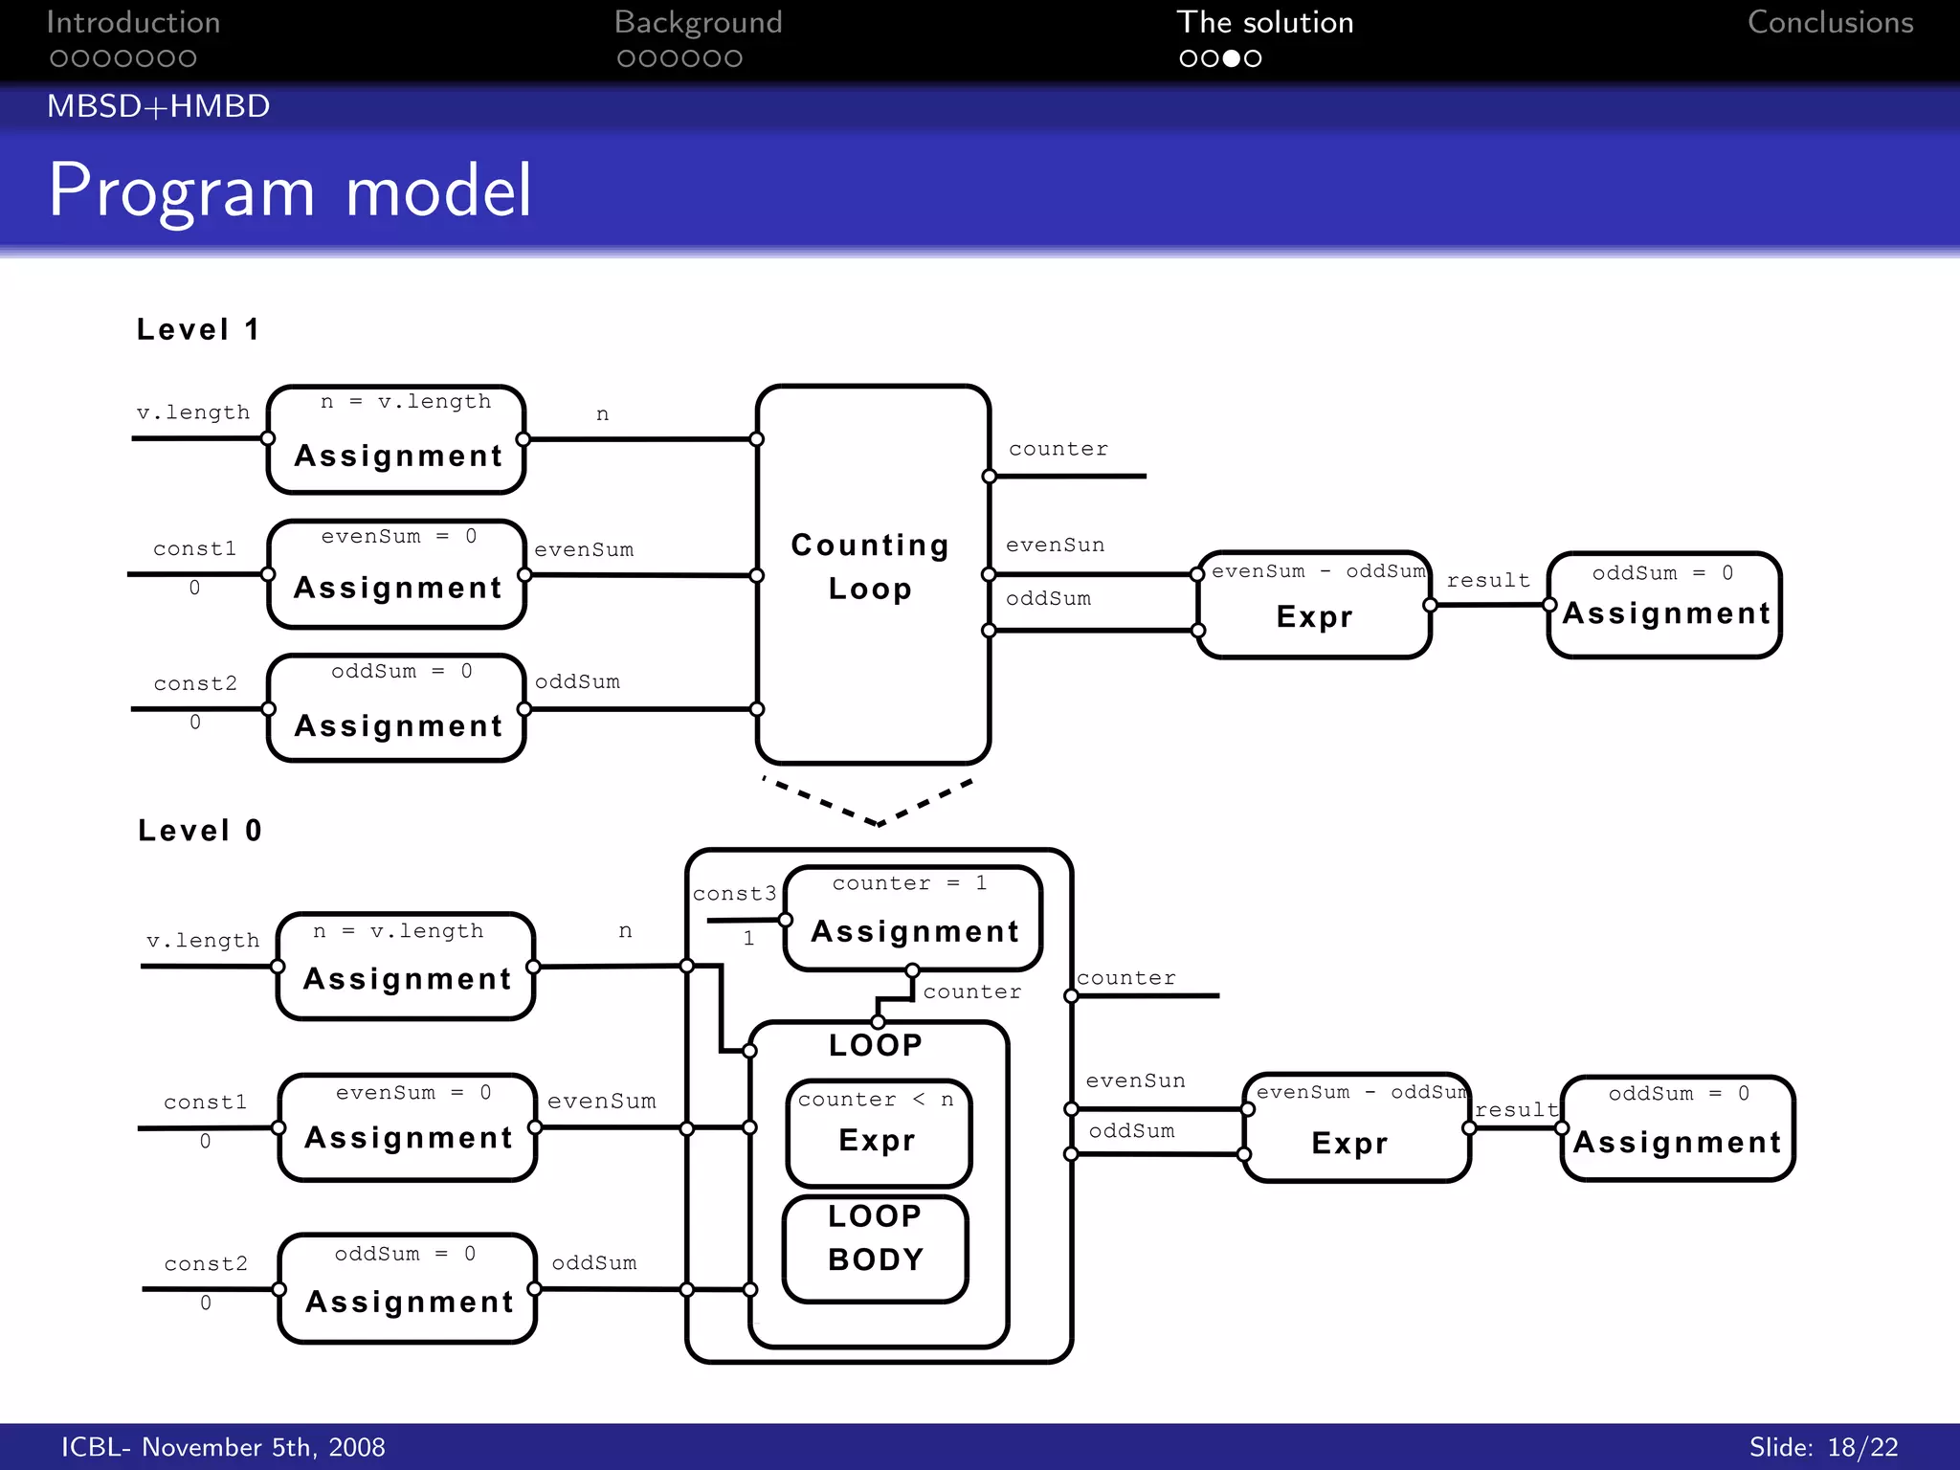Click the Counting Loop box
tap(872, 574)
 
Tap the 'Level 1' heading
tap(198, 329)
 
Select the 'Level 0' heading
tap(200, 830)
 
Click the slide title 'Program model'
tap(289, 190)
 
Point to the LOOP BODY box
tap(876, 1248)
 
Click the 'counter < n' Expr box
tap(878, 1132)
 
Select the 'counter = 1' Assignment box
tap(913, 918)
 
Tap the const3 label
tap(734, 894)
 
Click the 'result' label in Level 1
tap(1488, 580)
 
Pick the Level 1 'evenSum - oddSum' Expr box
tap(1314, 605)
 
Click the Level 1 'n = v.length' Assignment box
tap(396, 439)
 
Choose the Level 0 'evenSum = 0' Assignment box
tap(408, 1126)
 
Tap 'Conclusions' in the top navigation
tap(1830, 23)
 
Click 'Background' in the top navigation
tap(698, 23)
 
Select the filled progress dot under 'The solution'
tap(1232, 58)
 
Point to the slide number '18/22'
tap(1862, 1447)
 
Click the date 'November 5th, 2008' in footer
tap(263, 1447)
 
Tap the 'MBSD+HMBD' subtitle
tap(159, 106)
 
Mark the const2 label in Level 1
tap(195, 683)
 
